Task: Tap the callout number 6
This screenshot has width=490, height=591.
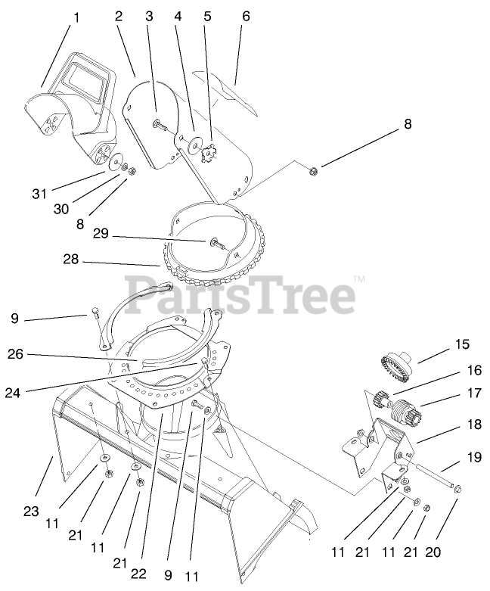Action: click(x=246, y=16)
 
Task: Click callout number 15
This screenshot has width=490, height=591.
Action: click(x=461, y=344)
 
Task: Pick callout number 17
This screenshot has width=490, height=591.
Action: click(x=473, y=393)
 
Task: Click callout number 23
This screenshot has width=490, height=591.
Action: click(x=30, y=512)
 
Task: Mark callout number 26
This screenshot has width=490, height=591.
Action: click(x=17, y=353)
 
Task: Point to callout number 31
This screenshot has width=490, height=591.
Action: click(x=39, y=194)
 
